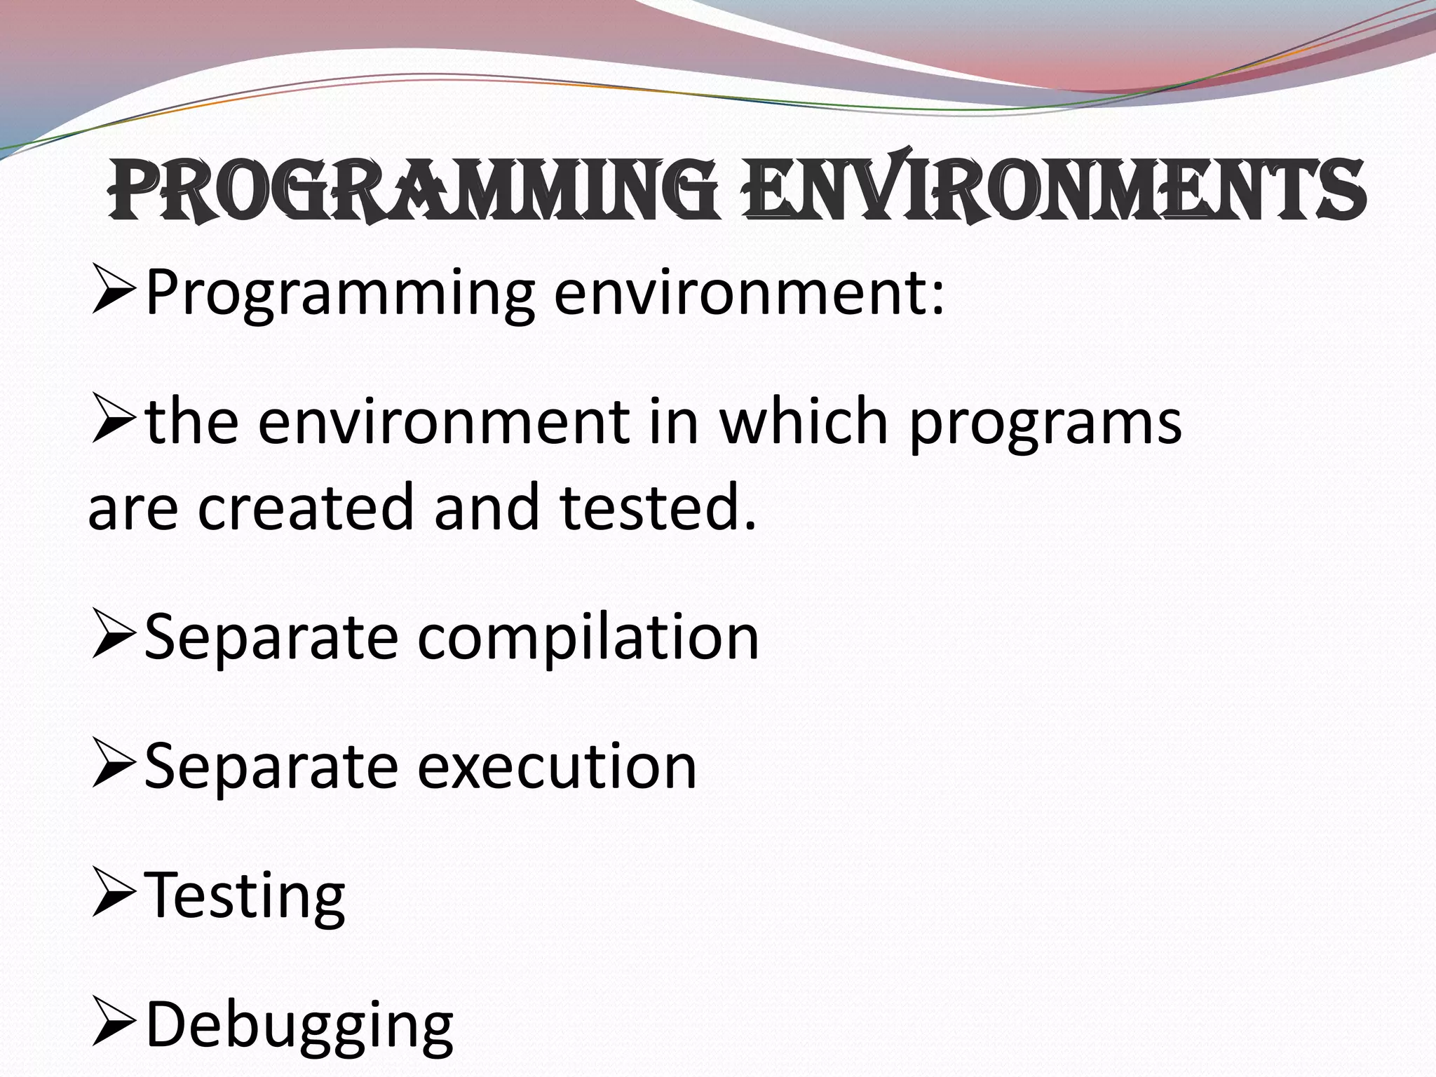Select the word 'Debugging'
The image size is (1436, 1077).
(299, 1026)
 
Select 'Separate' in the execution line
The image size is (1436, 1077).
(271, 766)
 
